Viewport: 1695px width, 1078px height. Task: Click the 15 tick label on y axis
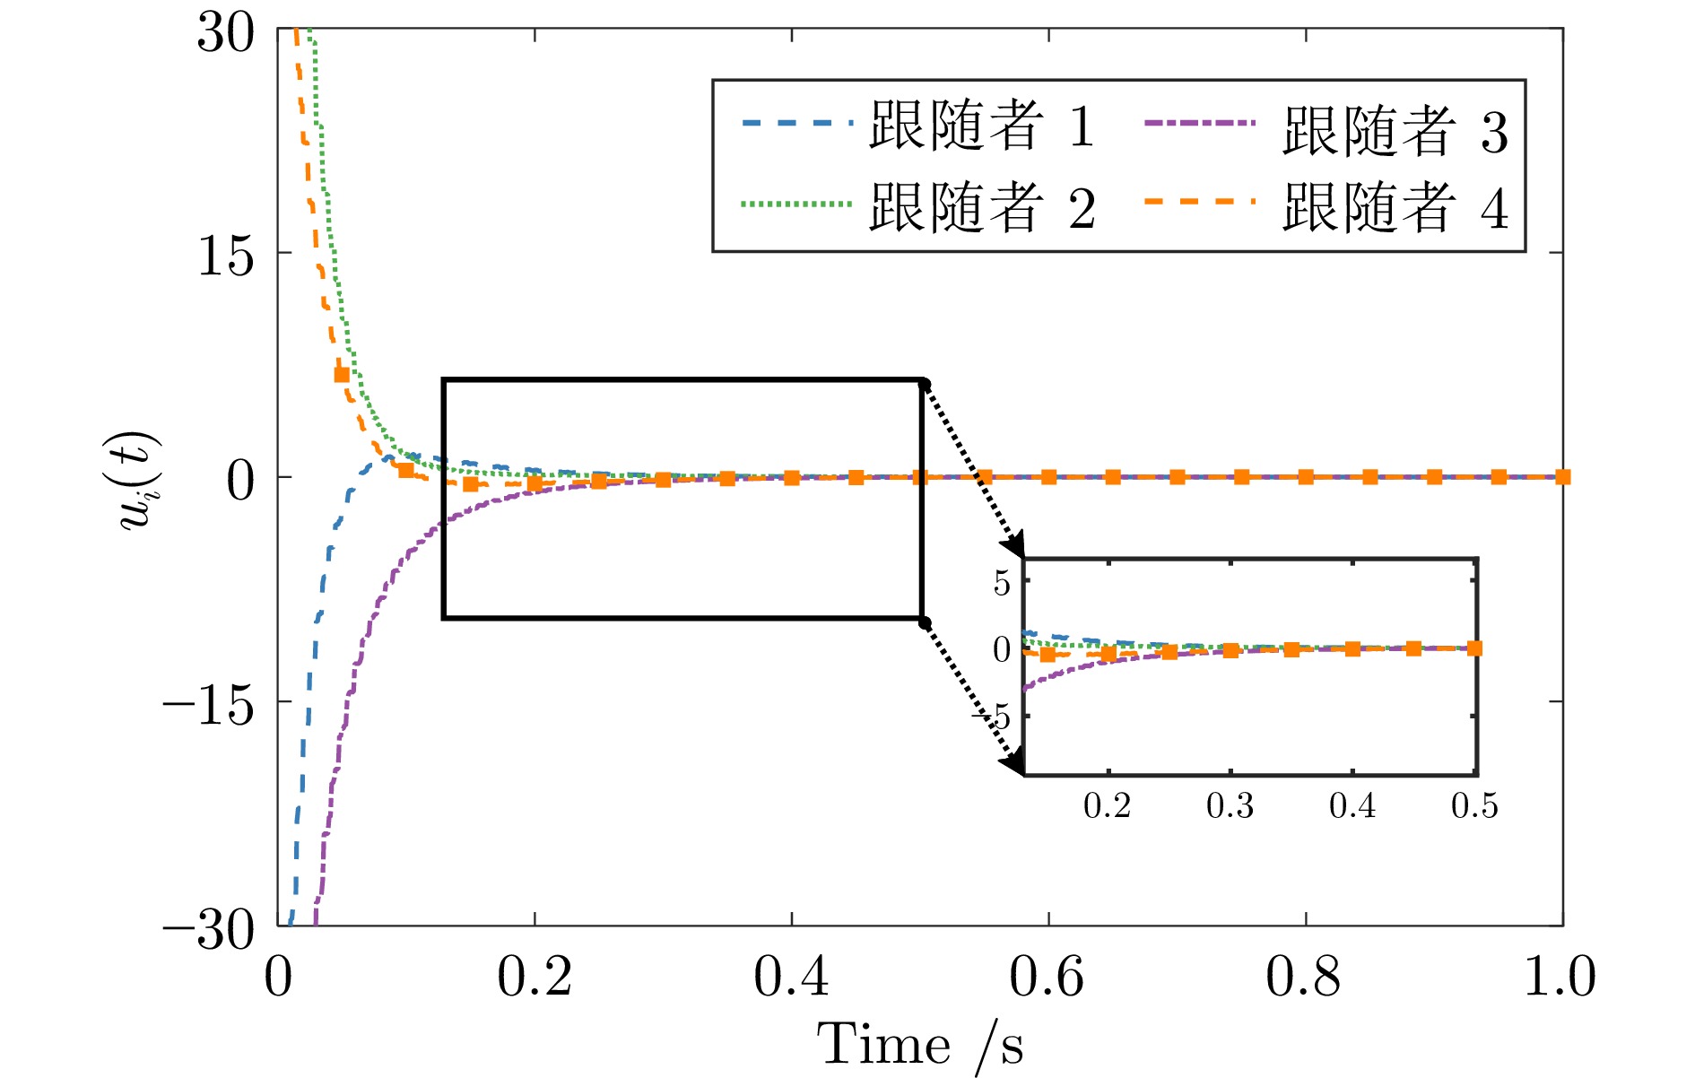click(x=226, y=257)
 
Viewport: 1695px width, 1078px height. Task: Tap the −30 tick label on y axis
click(x=208, y=930)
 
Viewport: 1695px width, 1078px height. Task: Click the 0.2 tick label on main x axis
click(x=535, y=977)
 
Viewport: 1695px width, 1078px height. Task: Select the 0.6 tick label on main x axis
click(x=1047, y=977)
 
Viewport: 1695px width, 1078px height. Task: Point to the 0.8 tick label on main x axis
click(x=1304, y=977)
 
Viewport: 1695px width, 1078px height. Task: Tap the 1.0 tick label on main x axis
click(x=1560, y=977)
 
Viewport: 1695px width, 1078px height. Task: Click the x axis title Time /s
click(x=919, y=1045)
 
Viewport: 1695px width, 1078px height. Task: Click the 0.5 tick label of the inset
click(x=1474, y=806)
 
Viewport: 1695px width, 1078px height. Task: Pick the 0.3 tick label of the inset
click(x=1230, y=806)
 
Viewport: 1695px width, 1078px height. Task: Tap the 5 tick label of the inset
click(x=1002, y=584)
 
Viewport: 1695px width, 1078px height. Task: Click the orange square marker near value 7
click(x=342, y=375)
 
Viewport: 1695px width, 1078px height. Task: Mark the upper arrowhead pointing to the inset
click(x=1016, y=547)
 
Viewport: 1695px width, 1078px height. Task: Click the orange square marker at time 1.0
click(x=1562, y=477)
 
